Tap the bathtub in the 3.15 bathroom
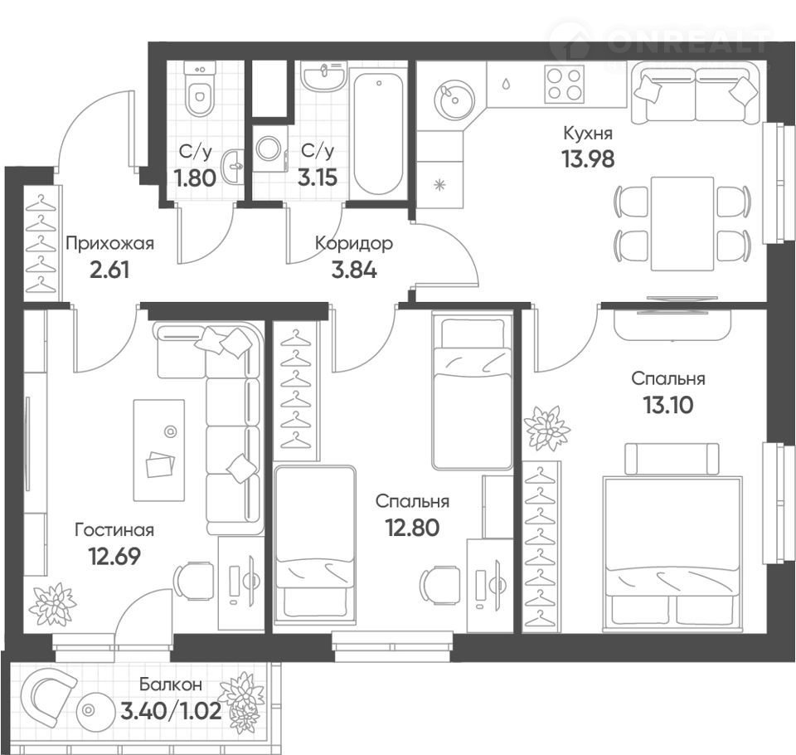pos(378,134)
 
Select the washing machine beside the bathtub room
pos(269,149)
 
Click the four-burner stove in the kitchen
pos(565,85)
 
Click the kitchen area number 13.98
pos(588,159)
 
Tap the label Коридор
pos(354,243)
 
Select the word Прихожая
pos(109,243)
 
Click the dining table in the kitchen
pos(682,224)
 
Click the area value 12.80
pos(412,528)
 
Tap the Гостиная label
pos(114,530)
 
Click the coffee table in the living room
pos(159,451)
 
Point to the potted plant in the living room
pos(52,604)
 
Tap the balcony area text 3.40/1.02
pos(171,710)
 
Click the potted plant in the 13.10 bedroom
pos(546,428)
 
